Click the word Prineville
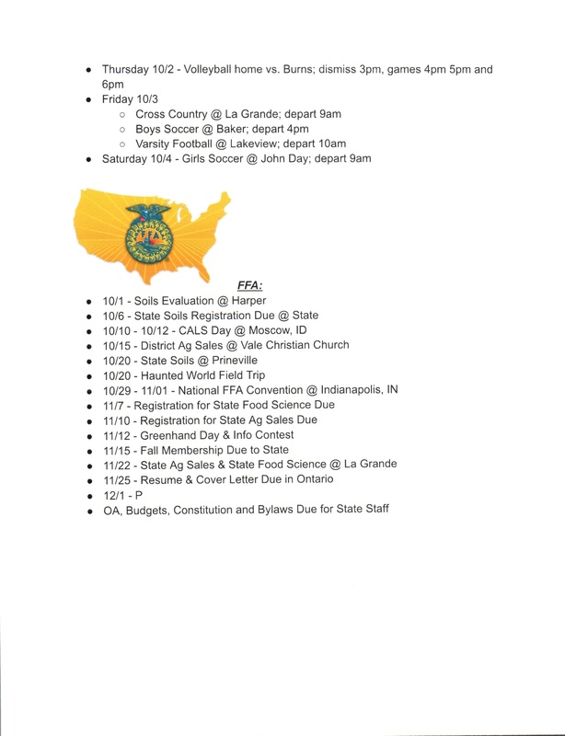pyautogui.click(x=244, y=361)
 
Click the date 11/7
pyautogui.click(x=115, y=405)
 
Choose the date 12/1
pyautogui.click(x=115, y=495)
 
